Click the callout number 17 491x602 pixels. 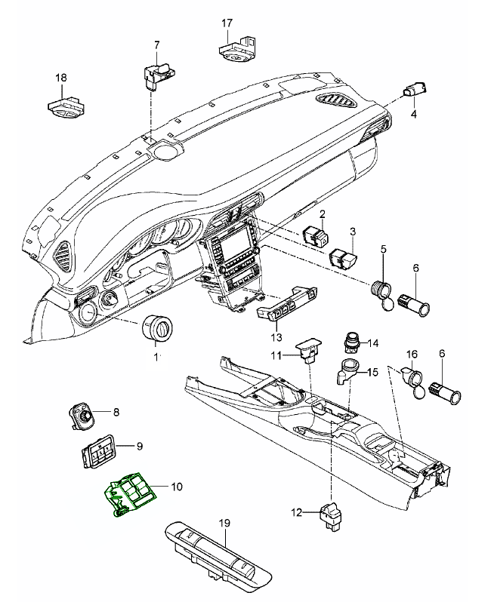[x=227, y=23]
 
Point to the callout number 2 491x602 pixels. [x=322, y=215]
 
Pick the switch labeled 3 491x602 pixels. [x=344, y=257]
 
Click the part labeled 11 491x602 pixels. [x=307, y=351]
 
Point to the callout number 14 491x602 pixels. [x=372, y=344]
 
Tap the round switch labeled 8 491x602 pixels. [x=82, y=413]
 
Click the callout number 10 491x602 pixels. [x=177, y=487]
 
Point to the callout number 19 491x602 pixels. [x=224, y=522]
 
